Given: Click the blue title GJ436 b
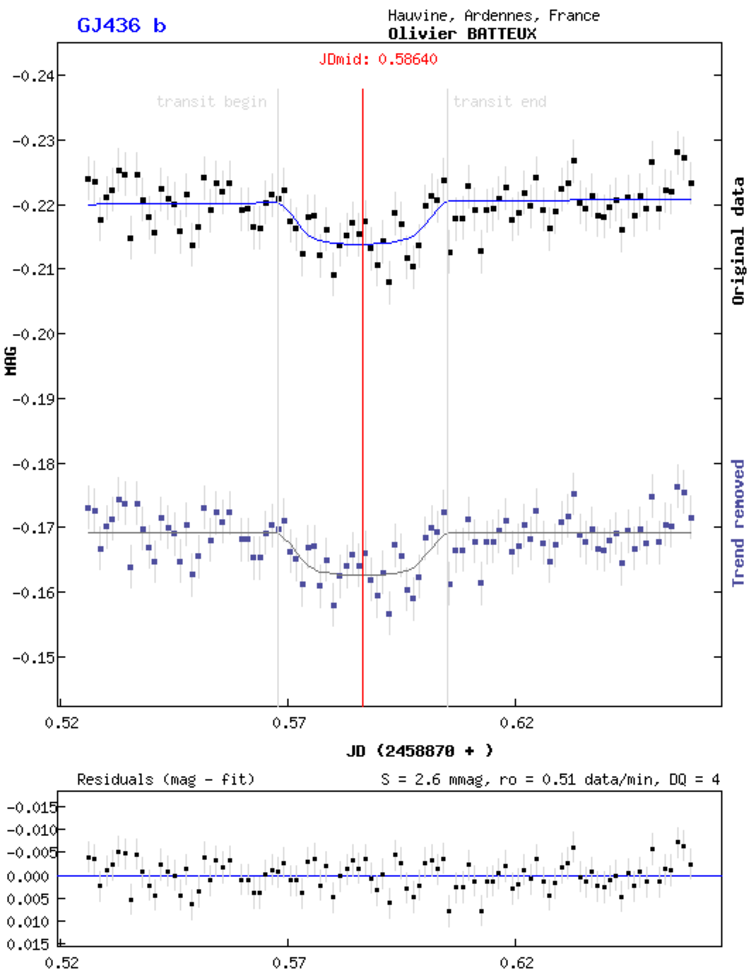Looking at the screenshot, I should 121,25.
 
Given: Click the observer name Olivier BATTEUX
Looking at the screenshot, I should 462,33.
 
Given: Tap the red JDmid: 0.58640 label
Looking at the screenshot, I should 378,59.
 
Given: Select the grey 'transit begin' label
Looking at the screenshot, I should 211,102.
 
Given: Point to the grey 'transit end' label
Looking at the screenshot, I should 500,102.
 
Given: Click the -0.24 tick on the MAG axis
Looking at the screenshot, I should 32,76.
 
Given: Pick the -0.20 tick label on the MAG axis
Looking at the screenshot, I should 32,334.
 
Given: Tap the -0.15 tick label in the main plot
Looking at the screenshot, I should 32,657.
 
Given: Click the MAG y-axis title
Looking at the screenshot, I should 11,360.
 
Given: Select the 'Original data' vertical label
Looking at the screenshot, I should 738,241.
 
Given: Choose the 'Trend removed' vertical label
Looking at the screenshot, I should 738,523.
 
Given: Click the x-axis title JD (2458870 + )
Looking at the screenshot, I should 420,751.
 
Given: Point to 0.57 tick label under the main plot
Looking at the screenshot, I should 289,723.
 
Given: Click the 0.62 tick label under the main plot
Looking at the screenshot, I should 516,723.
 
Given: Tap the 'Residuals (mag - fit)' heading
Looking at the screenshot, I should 165,780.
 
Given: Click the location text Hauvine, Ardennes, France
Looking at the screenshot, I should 493,16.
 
